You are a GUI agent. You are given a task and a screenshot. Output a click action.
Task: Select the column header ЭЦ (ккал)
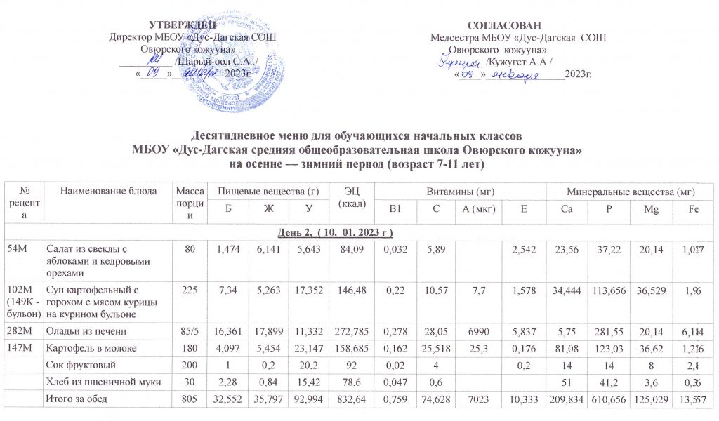tap(350, 196)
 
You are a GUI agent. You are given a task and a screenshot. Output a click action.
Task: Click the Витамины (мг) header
tap(460, 191)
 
